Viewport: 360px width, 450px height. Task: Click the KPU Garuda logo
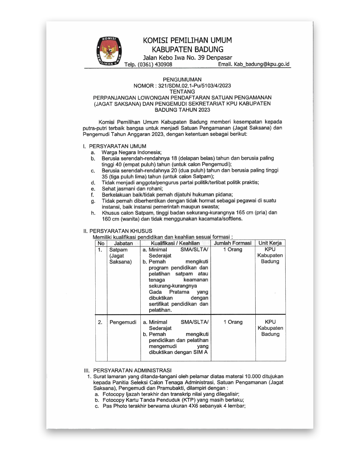point(109,51)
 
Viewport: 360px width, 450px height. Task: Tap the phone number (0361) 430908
point(155,64)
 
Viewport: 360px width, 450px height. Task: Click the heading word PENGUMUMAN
point(182,80)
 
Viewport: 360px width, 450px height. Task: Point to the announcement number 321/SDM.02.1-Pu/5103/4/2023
point(194,86)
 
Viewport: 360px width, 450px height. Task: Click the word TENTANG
point(182,92)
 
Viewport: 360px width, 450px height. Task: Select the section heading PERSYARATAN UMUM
point(117,146)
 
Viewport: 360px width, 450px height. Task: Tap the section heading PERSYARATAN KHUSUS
point(121,231)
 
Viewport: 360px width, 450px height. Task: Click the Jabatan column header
point(123,243)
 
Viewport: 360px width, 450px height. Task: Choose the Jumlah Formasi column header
point(233,243)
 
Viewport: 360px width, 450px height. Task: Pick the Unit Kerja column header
point(270,243)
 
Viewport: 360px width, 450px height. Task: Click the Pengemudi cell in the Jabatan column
point(123,322)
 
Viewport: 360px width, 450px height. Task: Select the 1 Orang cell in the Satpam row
point(233,249)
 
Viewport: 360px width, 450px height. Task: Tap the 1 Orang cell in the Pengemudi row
point(233,322)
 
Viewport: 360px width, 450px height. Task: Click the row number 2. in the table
point(100,322)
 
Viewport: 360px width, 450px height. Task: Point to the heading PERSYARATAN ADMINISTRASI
point(132,370)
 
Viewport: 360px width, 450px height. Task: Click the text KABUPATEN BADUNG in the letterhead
point(187,49)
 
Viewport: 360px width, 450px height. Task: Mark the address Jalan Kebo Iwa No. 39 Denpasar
point(187,58)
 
